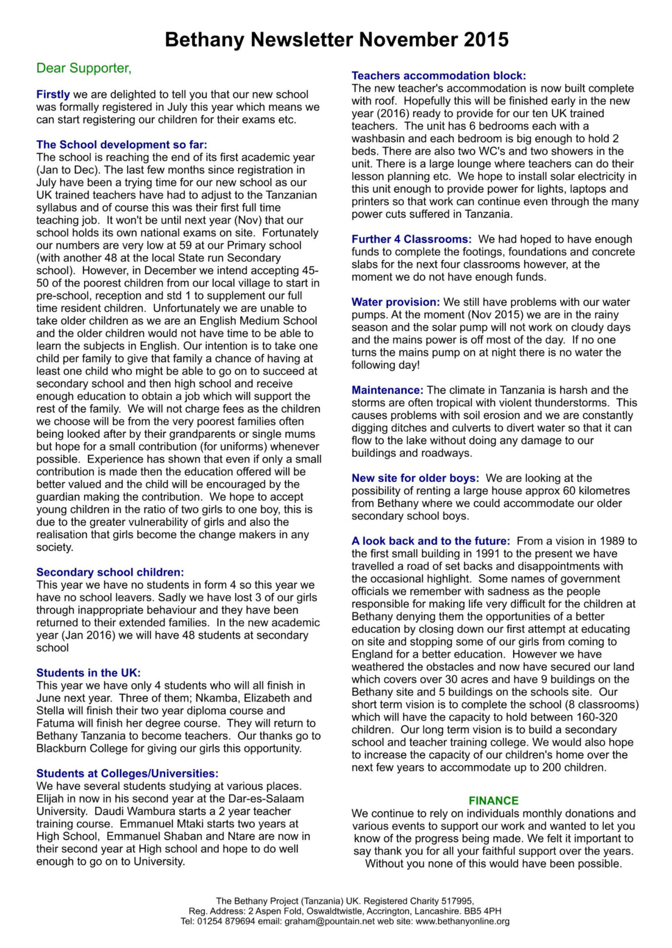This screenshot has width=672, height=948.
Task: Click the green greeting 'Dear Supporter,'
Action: tap(84, 68)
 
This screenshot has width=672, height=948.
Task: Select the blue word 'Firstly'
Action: tap(53, 94)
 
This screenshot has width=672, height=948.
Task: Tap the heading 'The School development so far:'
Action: tap(121, 145)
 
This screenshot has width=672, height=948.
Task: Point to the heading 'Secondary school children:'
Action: tap(110, 572)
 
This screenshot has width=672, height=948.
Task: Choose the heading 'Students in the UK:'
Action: tap(88, 673)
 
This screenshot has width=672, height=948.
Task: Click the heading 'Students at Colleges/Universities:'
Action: tap(127, 774)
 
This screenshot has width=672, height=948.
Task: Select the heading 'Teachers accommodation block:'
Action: tap(438, 76)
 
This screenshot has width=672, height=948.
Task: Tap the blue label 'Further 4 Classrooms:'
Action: tap(411, 239)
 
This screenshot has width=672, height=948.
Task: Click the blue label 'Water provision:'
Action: tap(395, 302)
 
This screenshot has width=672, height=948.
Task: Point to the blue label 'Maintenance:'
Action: tap(387, 390)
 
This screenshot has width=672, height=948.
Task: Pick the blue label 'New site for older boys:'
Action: tap(415, 478)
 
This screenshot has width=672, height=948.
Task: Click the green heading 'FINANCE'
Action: tap(493, 800)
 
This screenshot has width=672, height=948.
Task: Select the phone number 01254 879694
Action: tap(226, 921)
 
